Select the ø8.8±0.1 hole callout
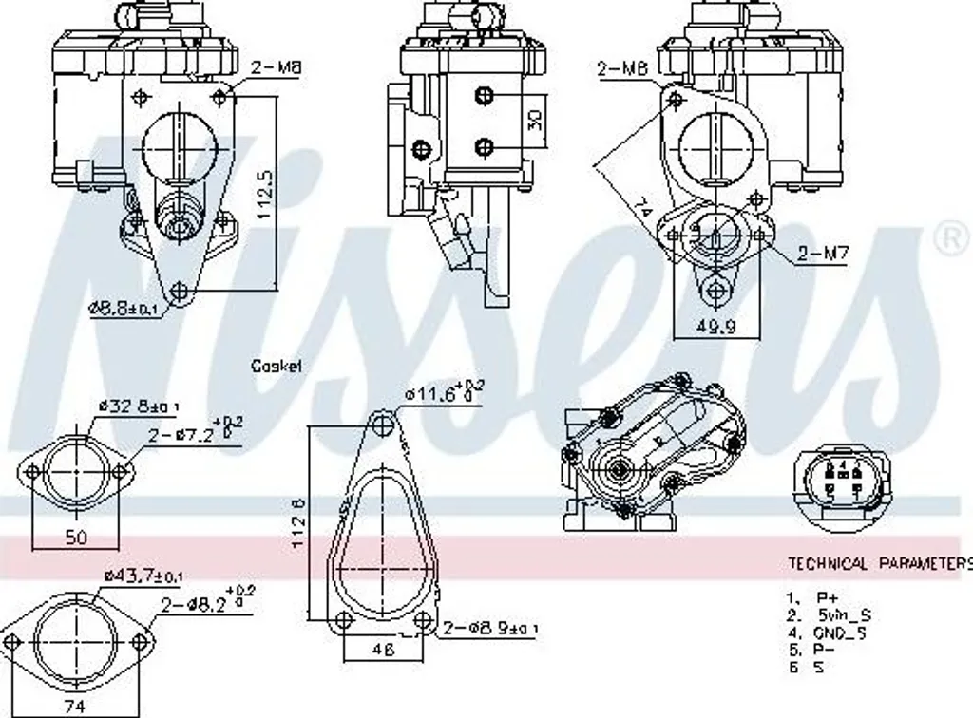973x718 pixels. tap(124, 308)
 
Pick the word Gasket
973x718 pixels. tap(277, 366)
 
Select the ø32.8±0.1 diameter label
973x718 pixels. tap(139, 406)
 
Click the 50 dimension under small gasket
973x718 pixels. tap(76, 538)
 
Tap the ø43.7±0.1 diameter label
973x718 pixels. tap(144, 576)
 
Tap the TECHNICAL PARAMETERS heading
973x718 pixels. tap(879, 563)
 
